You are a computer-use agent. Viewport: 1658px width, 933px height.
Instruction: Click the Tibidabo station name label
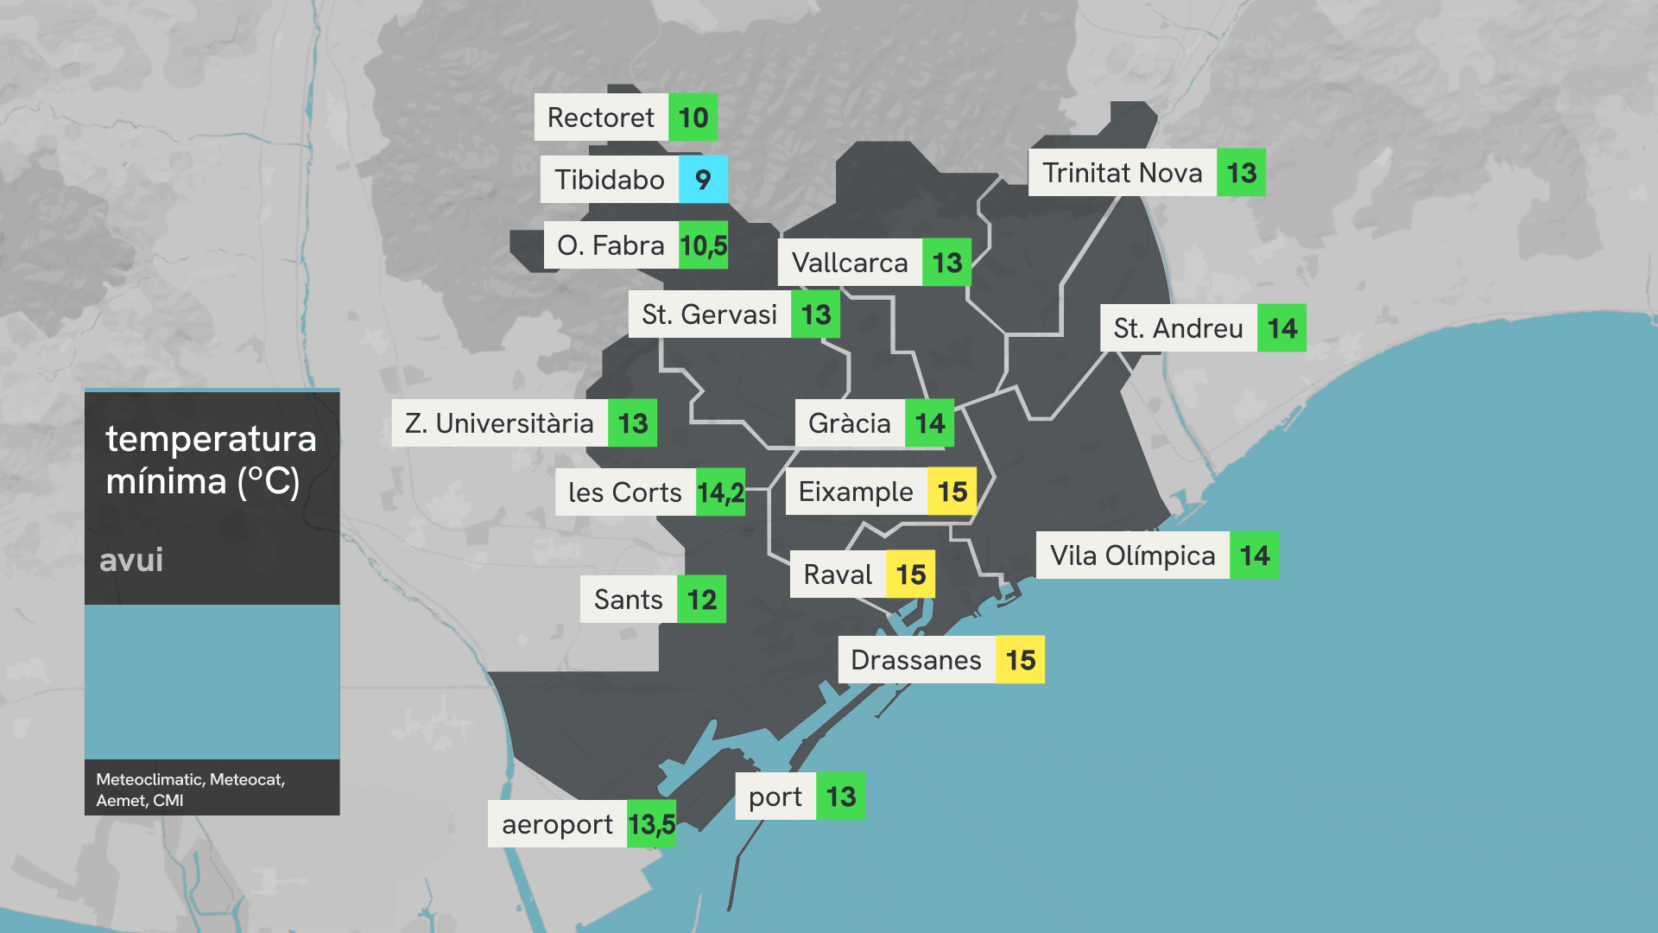(x=610, y=180)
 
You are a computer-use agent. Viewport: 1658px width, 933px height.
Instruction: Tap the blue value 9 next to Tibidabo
(x=703, y=180)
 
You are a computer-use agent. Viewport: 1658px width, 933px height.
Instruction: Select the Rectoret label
(x=601, y=117)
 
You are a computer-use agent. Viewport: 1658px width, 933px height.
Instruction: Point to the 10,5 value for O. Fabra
(x=703, y=245)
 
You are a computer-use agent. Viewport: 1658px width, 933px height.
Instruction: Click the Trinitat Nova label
(x=1122, y=173)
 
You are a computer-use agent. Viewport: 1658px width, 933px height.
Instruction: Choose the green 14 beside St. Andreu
(x=1281, y=328)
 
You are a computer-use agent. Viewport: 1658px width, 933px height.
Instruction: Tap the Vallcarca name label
(x=850, y=263)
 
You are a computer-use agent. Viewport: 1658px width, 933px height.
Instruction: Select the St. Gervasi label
(x=709, y=314)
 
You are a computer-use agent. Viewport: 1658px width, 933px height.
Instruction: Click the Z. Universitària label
(x=499, y=423)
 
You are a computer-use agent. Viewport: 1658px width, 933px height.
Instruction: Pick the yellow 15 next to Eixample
(x=952, y=492)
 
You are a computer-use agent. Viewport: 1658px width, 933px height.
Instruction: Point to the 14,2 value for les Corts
(x=720, y=492)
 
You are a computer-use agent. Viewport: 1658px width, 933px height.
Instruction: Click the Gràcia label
(x=850, y=423)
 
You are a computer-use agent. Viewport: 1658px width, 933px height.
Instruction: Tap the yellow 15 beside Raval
(x=910, y=574)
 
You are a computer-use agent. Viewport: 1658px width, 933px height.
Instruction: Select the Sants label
(x=628, y=600)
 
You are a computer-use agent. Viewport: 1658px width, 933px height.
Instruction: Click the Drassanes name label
(x=916, y=660)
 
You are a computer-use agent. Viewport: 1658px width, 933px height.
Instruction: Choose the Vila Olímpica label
(x=1132, y=555)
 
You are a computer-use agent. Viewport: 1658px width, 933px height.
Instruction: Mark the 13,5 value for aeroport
(x=651, y=824)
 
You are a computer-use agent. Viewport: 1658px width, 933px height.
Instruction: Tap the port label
(x=775, y=797)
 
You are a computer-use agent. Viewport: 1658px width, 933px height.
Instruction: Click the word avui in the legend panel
(x=131, y=560)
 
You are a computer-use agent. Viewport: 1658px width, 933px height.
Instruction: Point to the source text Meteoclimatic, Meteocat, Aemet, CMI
(x=190, y=790)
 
